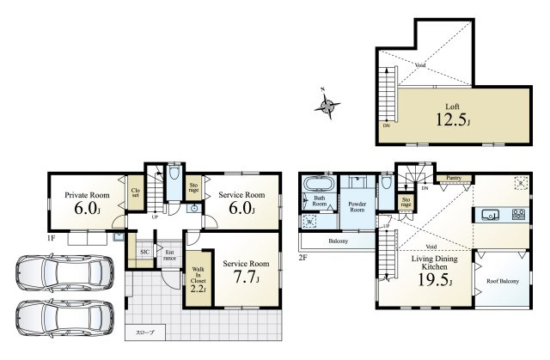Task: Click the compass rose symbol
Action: (328, 106)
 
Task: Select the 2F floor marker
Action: (303, 256)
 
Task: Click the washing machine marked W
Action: (309, 221)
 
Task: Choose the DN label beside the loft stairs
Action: (386, 125)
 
